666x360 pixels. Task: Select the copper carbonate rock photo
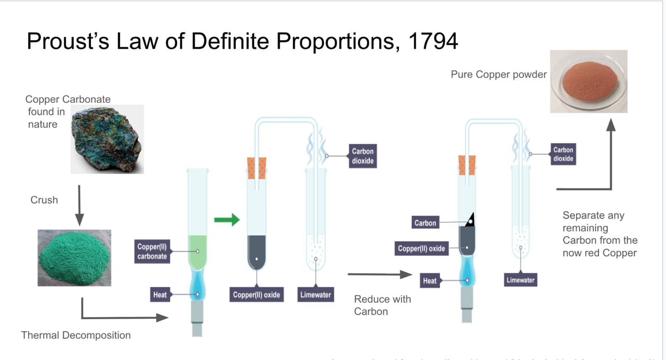click(107, 139)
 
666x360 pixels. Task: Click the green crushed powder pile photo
click(74, 258)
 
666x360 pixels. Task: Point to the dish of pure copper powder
click(589, 81)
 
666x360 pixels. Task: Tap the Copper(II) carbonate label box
click(152, 252)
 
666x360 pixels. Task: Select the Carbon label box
click(425, 223)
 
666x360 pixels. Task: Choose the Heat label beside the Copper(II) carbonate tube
click(160, 294)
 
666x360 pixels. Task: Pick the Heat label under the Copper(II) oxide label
click(429, 280)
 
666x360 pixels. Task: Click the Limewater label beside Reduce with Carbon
click(316, 295)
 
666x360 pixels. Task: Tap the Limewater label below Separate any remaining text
click(520, 280)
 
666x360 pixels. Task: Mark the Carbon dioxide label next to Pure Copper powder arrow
click(563, 154)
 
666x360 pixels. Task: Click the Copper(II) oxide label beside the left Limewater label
click(256, 295)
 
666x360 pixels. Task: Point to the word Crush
click(44, 200)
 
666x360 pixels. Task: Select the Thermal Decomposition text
click(76, 335)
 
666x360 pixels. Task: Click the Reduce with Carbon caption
click(382, 305)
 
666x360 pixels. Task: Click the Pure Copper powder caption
click(499, 74)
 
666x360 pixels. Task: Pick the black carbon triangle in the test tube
click(470, 221)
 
